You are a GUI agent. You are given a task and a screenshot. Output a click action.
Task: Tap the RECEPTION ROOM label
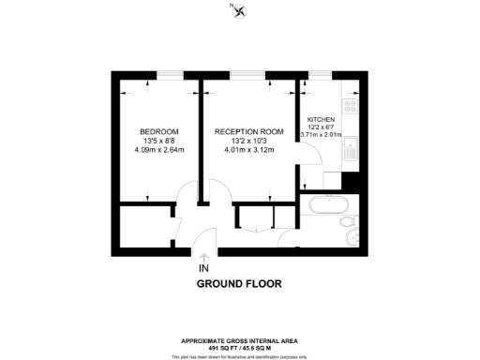coord(247,130)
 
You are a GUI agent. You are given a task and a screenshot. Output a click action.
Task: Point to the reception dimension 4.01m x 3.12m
coord(247,149)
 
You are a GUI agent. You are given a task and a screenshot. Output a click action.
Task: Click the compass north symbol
coord(241,11)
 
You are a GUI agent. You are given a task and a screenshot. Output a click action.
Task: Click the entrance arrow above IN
coord(204,257)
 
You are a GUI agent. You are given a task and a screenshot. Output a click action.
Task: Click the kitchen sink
coord(348,150)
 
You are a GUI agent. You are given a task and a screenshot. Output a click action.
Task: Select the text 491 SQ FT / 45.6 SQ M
coord(239,348)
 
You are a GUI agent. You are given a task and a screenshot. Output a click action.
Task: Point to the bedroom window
coord(170,74)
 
